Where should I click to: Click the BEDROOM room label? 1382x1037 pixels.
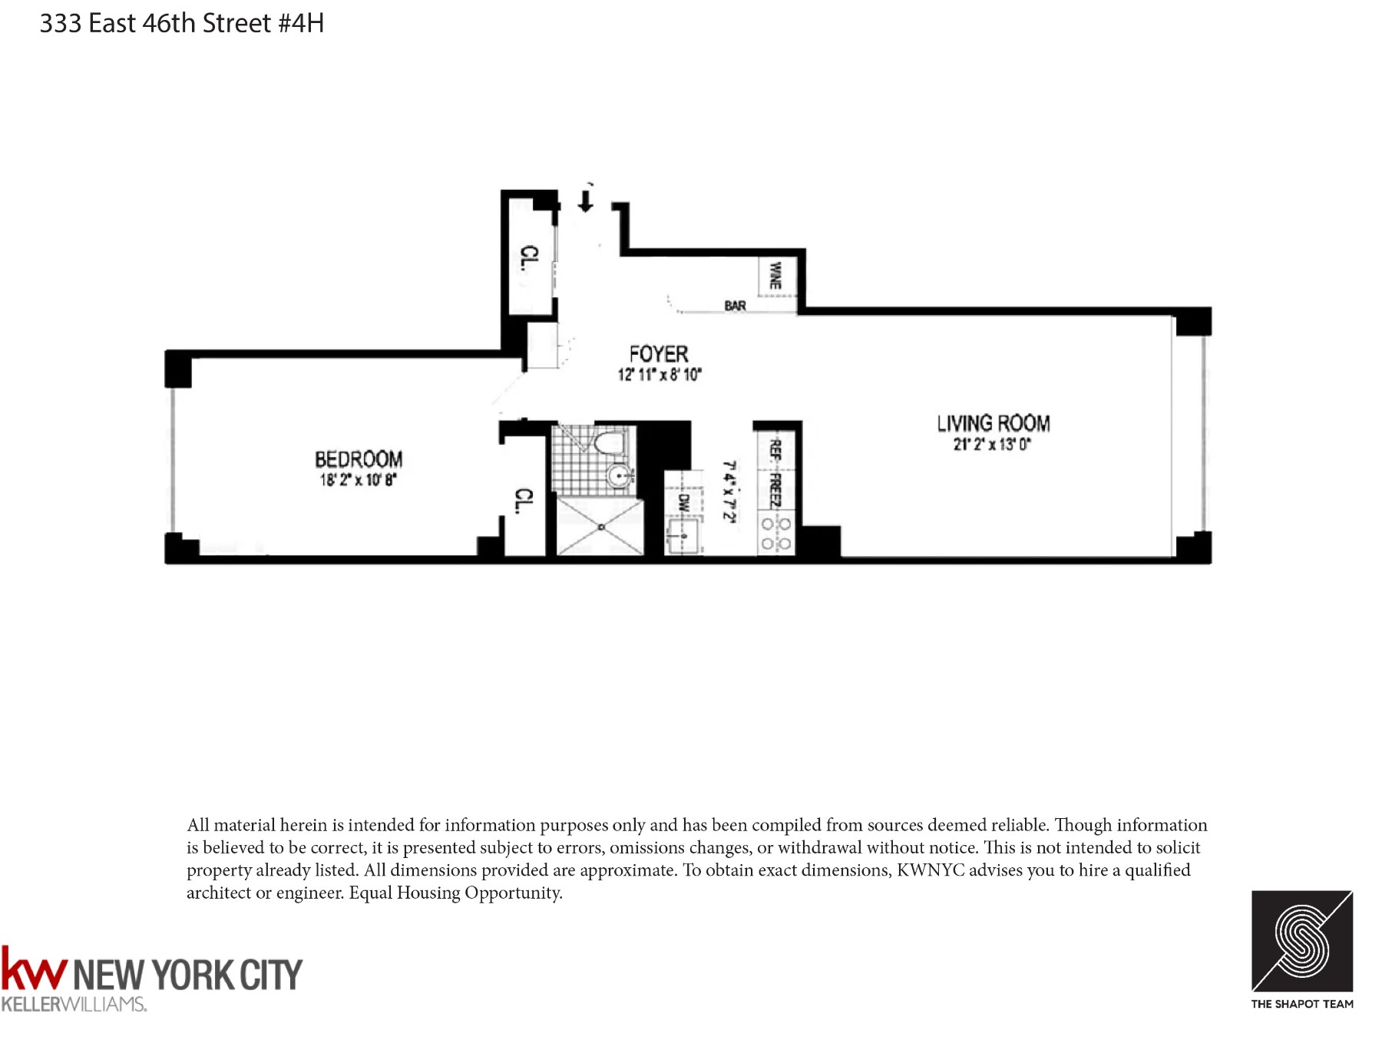click(x=359, y=459)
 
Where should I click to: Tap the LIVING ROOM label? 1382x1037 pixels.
click(x=993, y=423)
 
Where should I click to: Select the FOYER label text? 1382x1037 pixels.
click(x=658, y=354)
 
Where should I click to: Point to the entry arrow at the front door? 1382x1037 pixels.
click(x=586, y=201)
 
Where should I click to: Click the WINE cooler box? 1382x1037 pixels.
click(x=776, y=275)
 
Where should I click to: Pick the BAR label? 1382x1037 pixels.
click(x=735, y=306)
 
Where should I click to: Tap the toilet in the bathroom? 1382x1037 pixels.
click(x=610, y=442)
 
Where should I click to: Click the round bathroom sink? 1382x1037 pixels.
click(x=619, y=475)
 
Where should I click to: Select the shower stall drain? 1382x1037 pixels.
click(x=601, y=527)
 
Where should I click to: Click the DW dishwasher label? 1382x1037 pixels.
click(x=683, y=503)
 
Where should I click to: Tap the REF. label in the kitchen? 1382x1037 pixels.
click(x=775, y=449)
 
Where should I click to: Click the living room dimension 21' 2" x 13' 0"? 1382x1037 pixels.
click(x=992, y=444)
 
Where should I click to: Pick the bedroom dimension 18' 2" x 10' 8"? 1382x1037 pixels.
click(x=358, y=480)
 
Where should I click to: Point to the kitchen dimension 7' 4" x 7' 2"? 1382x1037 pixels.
click(x=729, y=492)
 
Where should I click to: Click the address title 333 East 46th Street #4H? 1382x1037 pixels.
click(x=182, y=24)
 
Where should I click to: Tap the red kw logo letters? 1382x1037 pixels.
click(x=34, y=969)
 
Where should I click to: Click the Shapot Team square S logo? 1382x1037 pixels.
click(x=1301, y=941)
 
